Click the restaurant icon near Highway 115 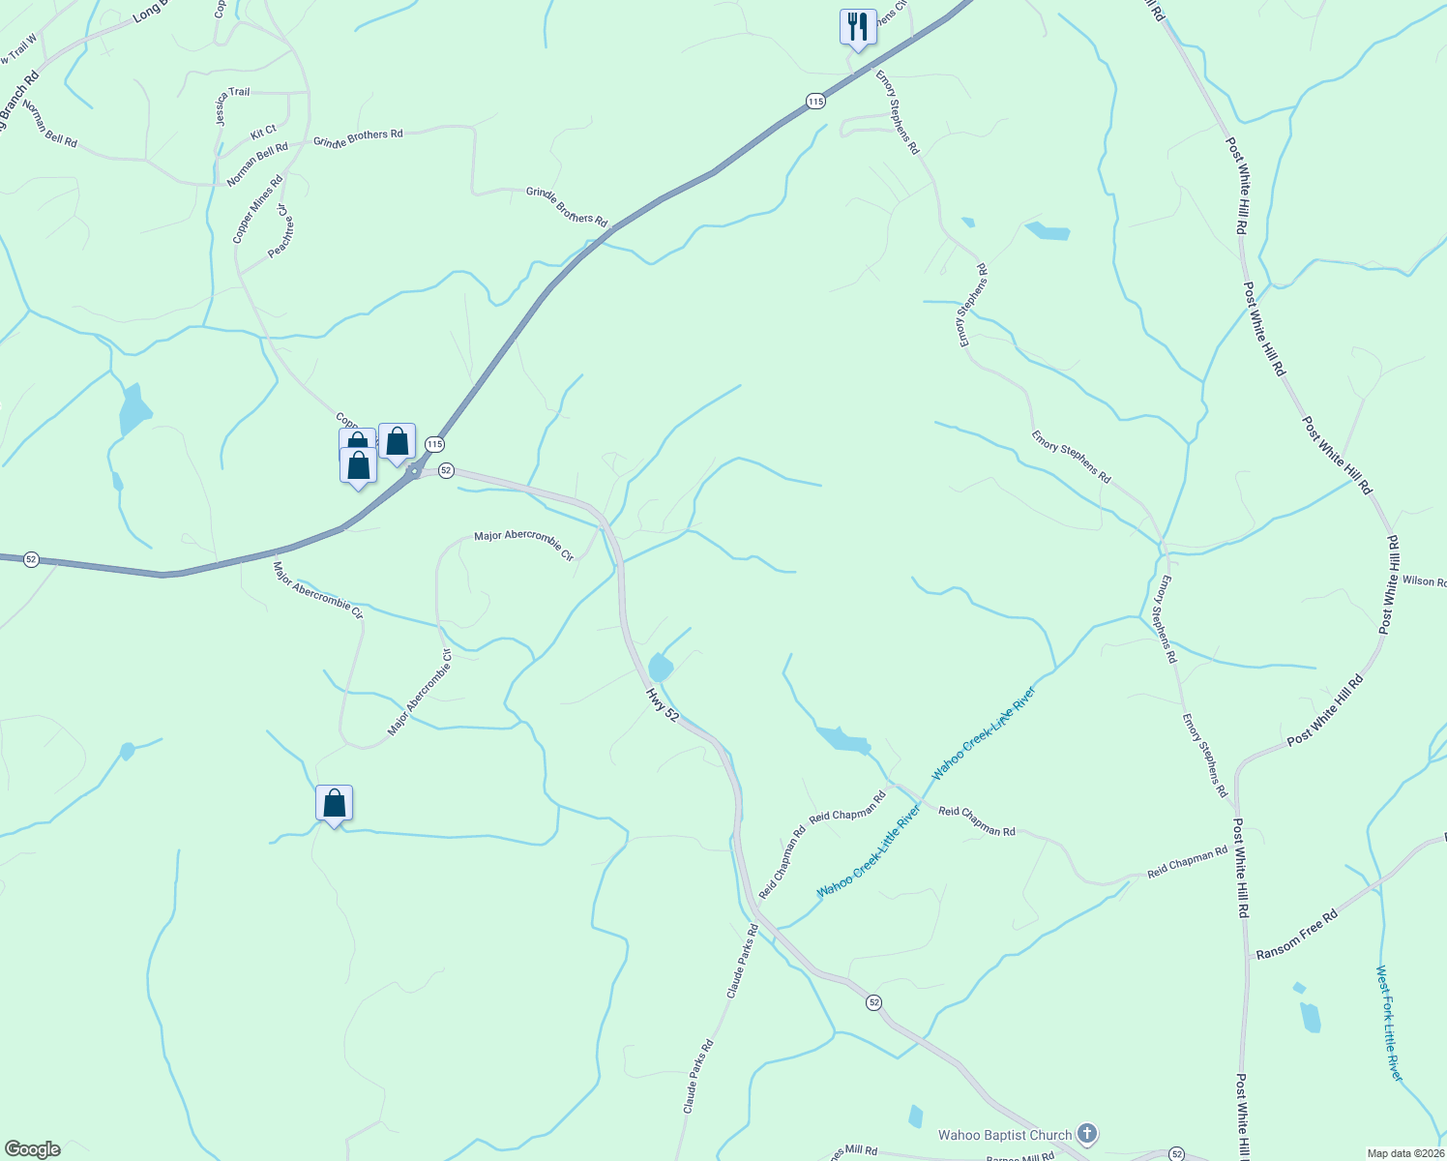pyautogui.click(x=857, y=27)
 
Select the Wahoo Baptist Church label pyautogui.click(x=1005, y=1135)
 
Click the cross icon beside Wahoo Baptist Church pyautogui.click(x=1087, y=1133)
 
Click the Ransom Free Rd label pyautogui.click(x=1296, y=935)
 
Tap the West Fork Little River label pyautogui.click(x=1389, y=1023)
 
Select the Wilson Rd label pyautogui.click(x=1424, y=581)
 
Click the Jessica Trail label pyautogui.click(x=233, y=94)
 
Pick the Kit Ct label pyautogui.click(x=263, y=131)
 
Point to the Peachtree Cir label pyautogui.click(x=281, y=230)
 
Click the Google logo pyautogui.click(x=31, y=1149)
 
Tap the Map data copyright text pyautogui.click(x=1404, y=1153)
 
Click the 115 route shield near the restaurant pyautogui.click(x=815, y=101)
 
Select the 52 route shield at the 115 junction pyautogui.click(x=446, y=470)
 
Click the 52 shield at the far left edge pyautogui.click(x=31, y=559)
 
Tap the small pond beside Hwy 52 pyautogui.click(x=661, y=668)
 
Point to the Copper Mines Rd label pyautogui.click(x=257, y=209)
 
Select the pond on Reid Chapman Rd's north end pyautogui.click(x=842, y=740)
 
